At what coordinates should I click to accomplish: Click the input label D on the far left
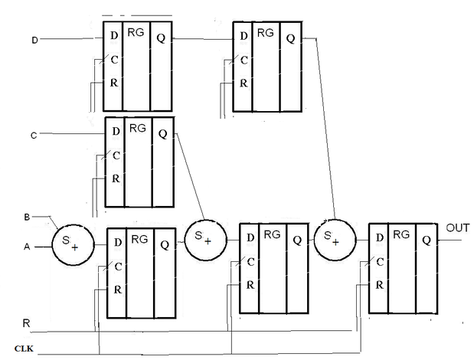coord(34,40)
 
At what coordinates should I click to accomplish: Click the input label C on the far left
coord(34,136)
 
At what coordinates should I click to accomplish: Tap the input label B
coord(27,217)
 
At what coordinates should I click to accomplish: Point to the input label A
coord(27,247)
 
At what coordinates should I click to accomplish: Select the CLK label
coord(24,349)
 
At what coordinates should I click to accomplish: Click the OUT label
coord(458,228)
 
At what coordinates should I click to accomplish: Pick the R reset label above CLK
coord(26,323)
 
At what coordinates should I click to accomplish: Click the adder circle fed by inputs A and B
coord(74,245)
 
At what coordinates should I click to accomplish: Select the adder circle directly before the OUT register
coord(335,240)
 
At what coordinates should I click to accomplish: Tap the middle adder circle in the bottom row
coord(205,240)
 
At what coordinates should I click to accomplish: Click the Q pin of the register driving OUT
coord(427,241)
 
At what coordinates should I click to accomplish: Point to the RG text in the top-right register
coord(266,33)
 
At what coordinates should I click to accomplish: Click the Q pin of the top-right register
coord(290,38)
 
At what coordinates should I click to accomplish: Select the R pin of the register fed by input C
coord(116,178)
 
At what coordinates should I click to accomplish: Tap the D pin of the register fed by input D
coord(114,36)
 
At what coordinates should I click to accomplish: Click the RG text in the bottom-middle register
coord(272,234)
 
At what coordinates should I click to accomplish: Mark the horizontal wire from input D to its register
coord(71,39)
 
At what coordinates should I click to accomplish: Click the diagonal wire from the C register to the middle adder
coord(190,176)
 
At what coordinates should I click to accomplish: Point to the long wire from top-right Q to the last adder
coord(325,129)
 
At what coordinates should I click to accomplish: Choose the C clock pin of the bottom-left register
coord(118,267)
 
